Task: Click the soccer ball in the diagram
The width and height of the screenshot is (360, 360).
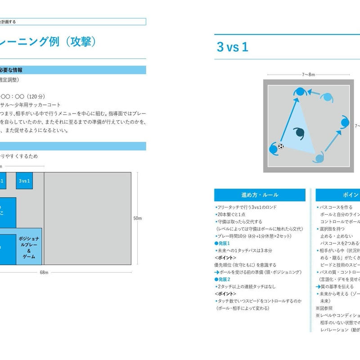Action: coord(281,146)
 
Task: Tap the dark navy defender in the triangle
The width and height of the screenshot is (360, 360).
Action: coord(298,134)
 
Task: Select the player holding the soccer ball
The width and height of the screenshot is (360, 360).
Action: coord(274,148)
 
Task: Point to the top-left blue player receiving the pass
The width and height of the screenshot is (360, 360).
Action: coord(299,91)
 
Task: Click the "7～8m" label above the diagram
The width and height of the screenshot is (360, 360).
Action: coord(308,75)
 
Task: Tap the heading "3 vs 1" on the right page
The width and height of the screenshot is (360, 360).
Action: coord(232,47)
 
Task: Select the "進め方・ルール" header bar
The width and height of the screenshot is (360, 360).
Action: coord(260,195)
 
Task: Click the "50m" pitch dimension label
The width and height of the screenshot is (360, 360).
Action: coord(137,218)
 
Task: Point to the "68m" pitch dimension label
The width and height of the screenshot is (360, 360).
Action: coord(44,272)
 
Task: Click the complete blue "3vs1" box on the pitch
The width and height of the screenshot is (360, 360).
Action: coord(24,181)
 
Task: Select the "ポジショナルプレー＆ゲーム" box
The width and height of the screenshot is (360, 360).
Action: coord(29,249)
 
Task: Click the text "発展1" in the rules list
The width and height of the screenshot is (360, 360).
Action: coord(224,243)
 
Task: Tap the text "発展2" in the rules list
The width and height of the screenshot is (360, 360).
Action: coord(224,279)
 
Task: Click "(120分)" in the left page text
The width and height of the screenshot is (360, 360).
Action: coord(36,96)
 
